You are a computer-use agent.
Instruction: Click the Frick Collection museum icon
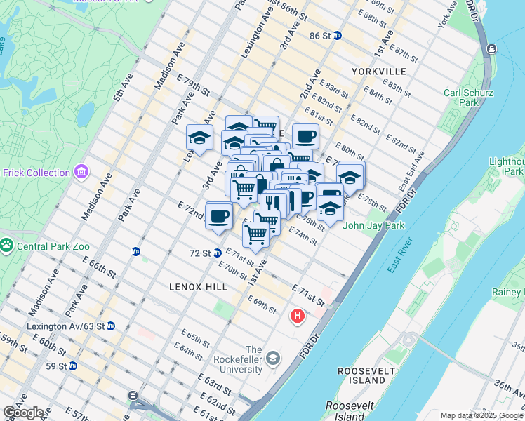(x=82, y=172)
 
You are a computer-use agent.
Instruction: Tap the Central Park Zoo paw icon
(x=8, y=246)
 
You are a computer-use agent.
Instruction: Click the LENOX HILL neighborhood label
(x=197, y=287)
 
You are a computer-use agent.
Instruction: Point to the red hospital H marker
(x=298, y=316)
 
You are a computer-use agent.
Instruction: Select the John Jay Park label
(x=375, y=226)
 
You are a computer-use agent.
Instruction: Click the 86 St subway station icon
(x=337, y=36)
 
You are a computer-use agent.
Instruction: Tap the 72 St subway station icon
(x=218, y=253)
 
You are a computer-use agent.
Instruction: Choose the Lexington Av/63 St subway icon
(x=110, y=326)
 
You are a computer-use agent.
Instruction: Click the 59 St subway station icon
(x=72, y=366)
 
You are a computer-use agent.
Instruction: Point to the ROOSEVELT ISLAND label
(x=361, y=375)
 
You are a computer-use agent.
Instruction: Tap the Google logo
(x=23, y=413)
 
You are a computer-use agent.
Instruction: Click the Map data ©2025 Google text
(x=481, y=415)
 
